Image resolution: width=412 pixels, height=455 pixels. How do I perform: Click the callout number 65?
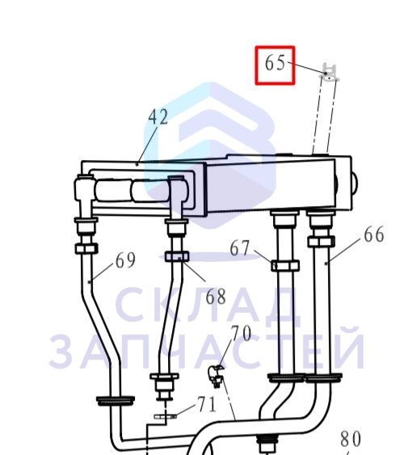pyautogui.click(x=275, y=63)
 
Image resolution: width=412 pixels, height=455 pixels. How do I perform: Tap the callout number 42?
pyautogui.click(x=158, y=117)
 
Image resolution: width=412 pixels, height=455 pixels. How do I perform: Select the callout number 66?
pyautogui.click(x=374, y=234)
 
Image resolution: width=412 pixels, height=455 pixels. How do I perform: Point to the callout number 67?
pyautogui.click(x=240, y=248)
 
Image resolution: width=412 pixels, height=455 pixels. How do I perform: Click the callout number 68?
pyautogui.click(x=216, y=297)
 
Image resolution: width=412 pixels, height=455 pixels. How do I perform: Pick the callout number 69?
pyautogui.click(x=125, y=260)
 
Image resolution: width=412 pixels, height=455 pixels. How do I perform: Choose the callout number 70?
pyautogui.click(x=241, y=334)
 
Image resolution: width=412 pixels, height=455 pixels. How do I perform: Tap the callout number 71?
pyautogui.click(x=207, y=405)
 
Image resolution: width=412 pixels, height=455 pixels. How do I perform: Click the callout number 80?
pyautogui.click(x=351, y=439)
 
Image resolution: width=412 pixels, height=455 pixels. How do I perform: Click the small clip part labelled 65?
pyautogui.click(x=330, y=73)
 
